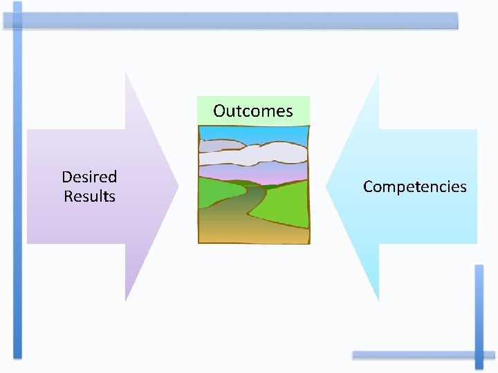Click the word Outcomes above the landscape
(253, 111)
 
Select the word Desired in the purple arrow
(89, 177)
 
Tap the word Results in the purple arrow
(89, 196)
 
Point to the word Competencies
(414, 186)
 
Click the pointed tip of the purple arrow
(176, 186)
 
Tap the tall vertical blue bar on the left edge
(17, 180)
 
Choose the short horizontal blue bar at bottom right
(415, 354)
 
